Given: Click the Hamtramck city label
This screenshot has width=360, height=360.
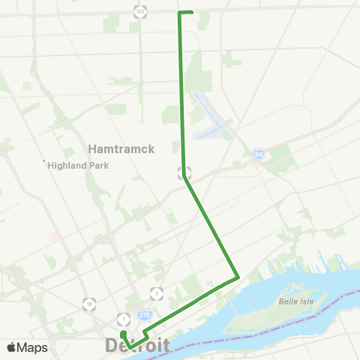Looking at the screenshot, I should click(121, 148).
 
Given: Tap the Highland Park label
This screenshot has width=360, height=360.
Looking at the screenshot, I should click(79, 166).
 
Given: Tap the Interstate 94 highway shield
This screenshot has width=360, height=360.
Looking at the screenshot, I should click(258, 153).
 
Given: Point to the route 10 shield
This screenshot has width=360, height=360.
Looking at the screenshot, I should click(89, 304).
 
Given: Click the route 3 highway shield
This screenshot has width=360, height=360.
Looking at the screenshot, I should click(157, 292).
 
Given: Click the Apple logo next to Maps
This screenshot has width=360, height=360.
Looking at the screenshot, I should click(12, 347).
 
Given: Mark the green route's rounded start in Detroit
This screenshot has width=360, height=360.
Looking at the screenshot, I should click(122, 333).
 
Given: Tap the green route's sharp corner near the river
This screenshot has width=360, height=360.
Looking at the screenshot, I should click(238, 277).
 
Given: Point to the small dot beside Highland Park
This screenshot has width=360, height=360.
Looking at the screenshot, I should click(44, 161).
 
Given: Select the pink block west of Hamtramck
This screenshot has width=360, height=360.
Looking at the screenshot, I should click(53, 236).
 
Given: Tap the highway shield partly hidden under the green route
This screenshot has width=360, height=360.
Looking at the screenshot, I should click(184, 171).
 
